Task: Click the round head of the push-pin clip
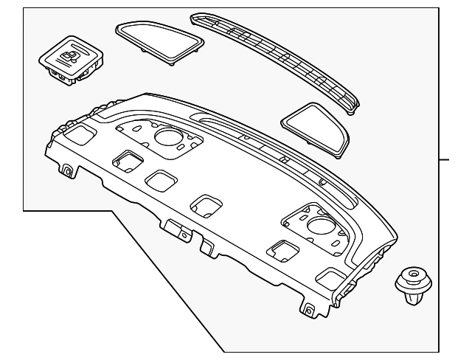pos(410,278)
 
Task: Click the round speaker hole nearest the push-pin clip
pos(321,225)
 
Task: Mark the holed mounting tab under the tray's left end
pos(68,172)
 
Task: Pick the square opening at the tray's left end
pos(77,134)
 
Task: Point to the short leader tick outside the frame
pos(448,158)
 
